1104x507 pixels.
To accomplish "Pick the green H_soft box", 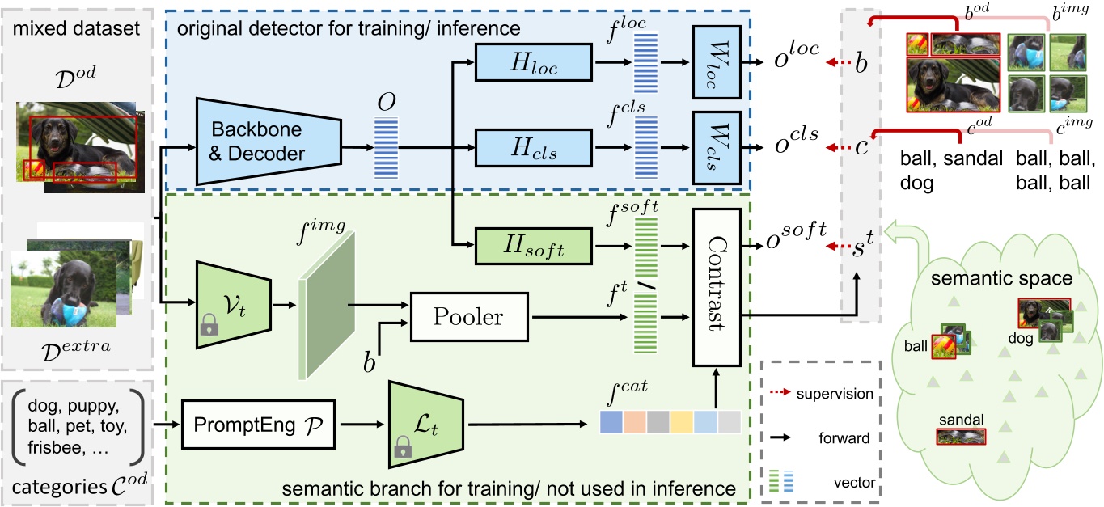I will click(533, 245).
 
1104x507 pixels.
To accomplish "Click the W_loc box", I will click(716, 61).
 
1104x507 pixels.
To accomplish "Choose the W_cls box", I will click(716, 149).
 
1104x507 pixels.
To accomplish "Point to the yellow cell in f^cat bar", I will click(682, 421).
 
